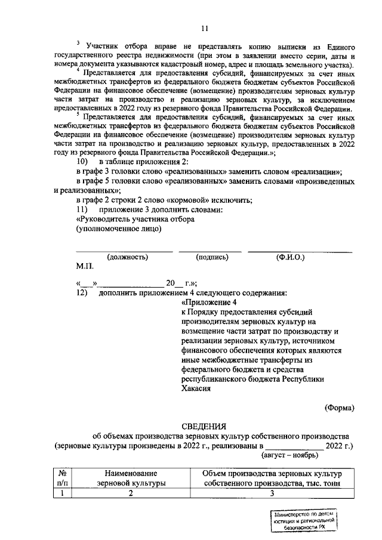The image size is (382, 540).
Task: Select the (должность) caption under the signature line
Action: pos(127,257)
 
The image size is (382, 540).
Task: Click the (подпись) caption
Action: pos(212,257)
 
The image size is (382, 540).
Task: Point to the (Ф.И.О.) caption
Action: pos(291,257)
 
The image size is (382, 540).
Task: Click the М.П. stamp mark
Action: pos(85,267)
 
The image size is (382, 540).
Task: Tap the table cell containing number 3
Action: pos(272,493)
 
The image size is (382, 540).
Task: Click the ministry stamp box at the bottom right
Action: pos(302,522)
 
